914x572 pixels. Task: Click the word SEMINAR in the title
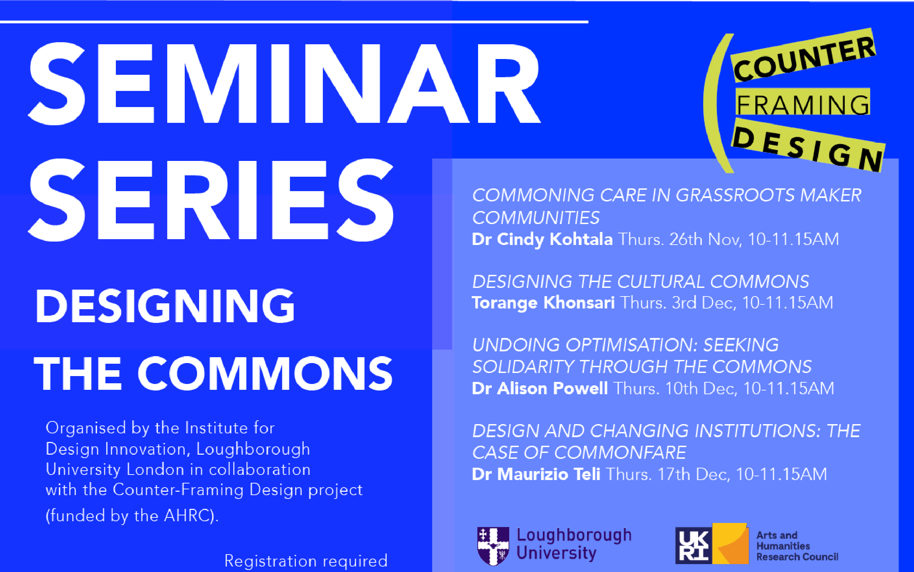click(x=284, y=83)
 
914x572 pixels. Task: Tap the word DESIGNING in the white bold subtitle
click(x=165, y=306)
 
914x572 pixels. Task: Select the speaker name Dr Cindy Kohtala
click(x=542, y=240)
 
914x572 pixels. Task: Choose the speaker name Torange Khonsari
click(x=543, y=303)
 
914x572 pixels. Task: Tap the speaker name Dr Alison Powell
click(x=540, y=388)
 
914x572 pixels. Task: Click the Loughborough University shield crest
click(x=493, y=546)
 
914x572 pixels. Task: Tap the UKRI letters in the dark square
click(x=693, y=546)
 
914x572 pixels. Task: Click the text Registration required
click(x=306, y=561)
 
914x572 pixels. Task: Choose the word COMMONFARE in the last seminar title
click(x=620, y=453)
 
